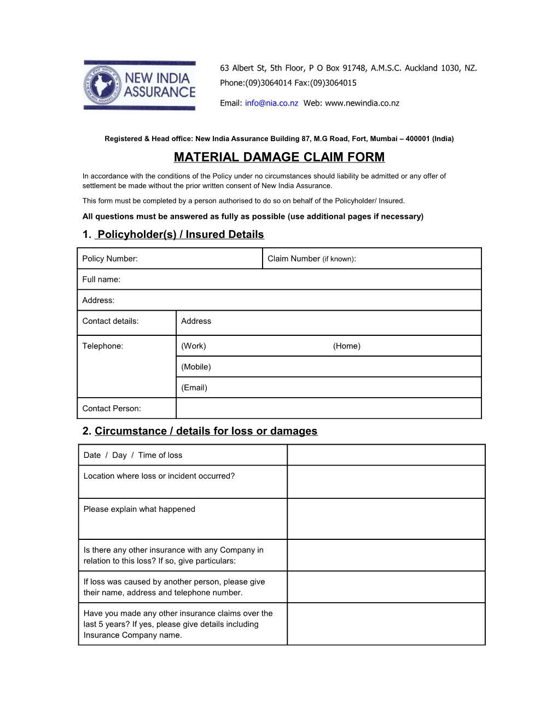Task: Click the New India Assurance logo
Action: [139, 85]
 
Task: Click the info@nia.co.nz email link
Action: [271, 103]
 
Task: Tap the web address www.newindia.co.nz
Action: [362, 103]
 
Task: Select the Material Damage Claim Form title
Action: [279, 157]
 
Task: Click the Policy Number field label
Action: [110, 259]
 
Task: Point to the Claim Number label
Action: [311, 259]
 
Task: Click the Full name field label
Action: [101, 280]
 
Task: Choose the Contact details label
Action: [111, 321]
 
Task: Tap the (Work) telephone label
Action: [194, 346]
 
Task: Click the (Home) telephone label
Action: [347, 346]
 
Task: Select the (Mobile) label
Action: [196, 367]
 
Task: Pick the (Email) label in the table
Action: [194, 388]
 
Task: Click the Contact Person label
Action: [112, 409]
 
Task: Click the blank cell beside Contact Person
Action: [328, 409]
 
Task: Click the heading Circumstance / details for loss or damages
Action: [206, 431]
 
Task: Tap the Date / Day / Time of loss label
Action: [133, 455]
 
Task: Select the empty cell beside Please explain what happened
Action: [386, 519]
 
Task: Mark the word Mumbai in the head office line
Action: [383, 139]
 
